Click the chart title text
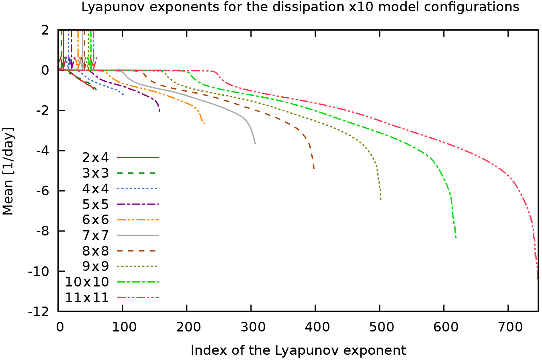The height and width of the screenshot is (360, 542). point(300,7)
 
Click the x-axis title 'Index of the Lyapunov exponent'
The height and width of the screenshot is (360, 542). point(298,350)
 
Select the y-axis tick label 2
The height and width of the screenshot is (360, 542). point(44,30)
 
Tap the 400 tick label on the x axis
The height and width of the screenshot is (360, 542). point(315,326)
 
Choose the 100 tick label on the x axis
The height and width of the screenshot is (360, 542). point(122,326)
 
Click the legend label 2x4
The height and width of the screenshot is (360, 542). point(95,157)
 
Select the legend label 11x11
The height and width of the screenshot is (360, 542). point(87,298)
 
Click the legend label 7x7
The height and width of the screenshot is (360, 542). point(95,235)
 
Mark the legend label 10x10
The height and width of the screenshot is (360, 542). point(87,282)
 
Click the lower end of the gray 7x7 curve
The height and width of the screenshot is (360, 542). point(255,143)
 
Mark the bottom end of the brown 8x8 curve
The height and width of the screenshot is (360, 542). point(314,169)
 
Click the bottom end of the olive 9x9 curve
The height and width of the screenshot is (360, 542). point(380,199)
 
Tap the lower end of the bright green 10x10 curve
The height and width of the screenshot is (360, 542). point(456,237)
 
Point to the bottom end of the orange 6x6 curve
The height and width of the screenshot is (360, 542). point(204,123)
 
